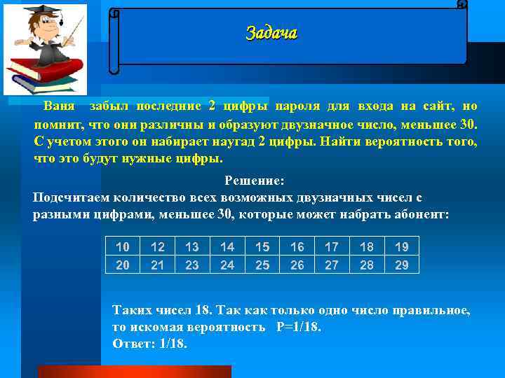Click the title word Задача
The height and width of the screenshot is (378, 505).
271,33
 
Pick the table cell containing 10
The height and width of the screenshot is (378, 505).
122,246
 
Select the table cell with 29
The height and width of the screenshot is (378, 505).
401,265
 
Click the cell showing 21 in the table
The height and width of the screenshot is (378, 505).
157,265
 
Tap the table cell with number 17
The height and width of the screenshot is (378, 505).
332,246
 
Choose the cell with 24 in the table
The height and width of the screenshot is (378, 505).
227,265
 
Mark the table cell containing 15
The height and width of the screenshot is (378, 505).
262,246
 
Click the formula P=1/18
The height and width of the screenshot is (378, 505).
295,327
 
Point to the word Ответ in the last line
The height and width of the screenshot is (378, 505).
131,344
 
